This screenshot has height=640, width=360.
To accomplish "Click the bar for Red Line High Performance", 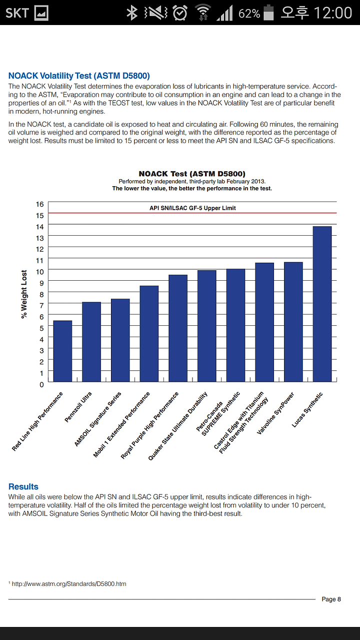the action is tap(62, 351).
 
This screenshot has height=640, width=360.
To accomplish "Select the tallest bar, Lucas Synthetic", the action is tap(322, 304).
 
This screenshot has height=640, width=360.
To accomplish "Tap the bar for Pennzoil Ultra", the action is tap(91, 342).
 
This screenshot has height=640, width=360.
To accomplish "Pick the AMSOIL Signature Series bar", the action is tap(120, 340).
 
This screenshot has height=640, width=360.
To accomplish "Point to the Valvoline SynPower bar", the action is tap(293, 322).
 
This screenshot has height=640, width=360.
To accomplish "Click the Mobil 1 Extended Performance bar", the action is tap(149, 334).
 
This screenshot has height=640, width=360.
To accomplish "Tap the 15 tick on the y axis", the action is tap(39, 216).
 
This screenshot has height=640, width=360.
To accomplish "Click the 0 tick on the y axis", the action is tap(41, 385).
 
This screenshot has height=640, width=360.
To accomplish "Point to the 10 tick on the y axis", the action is tap(39, 272).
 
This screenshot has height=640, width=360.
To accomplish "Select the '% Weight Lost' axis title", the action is tap(24, 294).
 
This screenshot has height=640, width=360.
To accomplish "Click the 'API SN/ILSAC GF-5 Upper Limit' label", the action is tap(192, 208).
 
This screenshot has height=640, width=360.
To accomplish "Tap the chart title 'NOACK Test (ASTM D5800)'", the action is tap(192, 174).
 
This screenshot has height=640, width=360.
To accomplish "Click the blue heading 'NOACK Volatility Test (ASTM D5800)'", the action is tap(79, 76).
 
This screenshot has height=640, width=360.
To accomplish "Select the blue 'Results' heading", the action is tap(23, 486).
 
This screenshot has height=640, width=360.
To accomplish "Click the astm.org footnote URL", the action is tap(69, 584).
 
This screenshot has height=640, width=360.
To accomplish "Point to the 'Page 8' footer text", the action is tap(331, 599).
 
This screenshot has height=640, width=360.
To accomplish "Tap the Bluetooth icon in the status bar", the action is tap(132, 13).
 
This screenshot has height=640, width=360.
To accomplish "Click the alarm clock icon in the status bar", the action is tap(180, 13).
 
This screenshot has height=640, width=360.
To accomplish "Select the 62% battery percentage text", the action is tap(249, 14).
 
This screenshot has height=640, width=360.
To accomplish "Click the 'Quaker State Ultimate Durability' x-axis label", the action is tap(178, 426).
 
